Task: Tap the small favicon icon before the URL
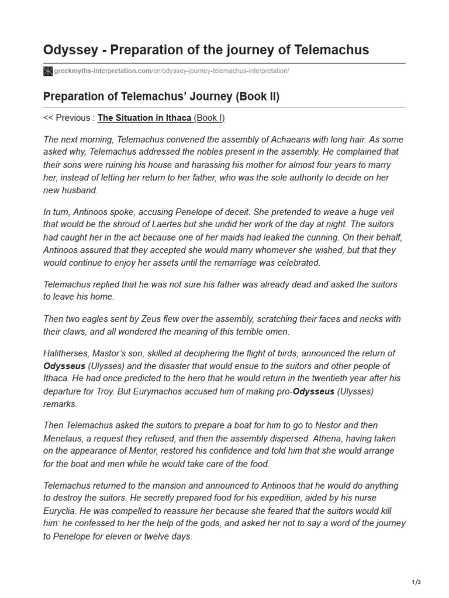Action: click(48, 71)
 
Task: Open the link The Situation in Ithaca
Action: click(144, 118)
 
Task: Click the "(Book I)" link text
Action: click(209, 118)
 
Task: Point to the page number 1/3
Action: click(416, 582)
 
